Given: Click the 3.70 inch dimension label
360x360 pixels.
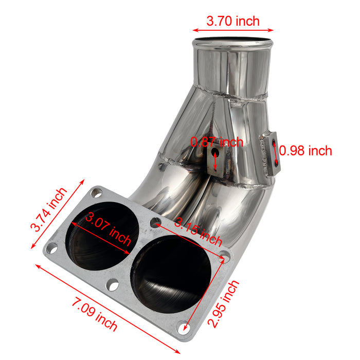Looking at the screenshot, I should point(233,21).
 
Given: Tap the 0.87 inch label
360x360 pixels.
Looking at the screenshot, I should point(217,142).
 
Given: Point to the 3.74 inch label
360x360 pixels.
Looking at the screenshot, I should point(48,209).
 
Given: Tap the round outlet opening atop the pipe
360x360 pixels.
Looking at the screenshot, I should point(233,40).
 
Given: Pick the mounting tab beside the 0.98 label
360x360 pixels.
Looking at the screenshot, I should point(272,152).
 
